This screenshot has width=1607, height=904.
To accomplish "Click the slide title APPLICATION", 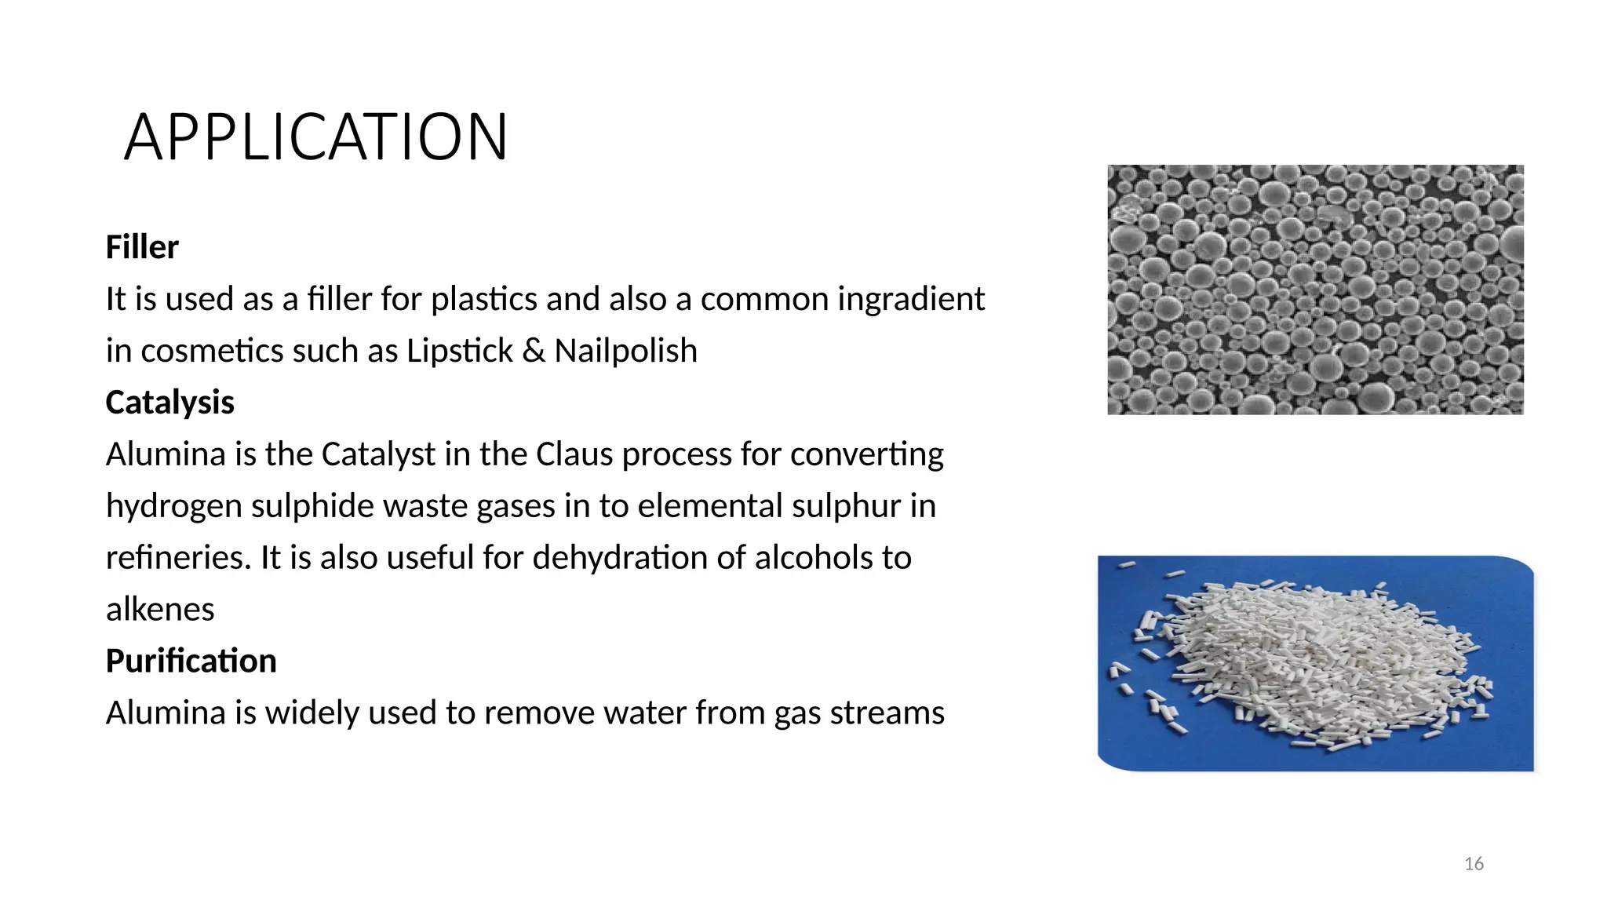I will tap(315, 137).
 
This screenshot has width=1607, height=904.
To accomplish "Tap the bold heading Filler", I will tap(142, 247).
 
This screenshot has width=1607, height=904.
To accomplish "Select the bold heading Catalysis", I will tap(169, 403).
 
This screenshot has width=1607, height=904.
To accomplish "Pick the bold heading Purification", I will tap(191, 661).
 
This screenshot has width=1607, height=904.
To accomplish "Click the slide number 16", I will tap(1474, 864).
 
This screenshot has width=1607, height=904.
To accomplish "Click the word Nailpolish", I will tap(625, 351).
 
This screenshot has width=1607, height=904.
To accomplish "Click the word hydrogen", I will tap(173, 507).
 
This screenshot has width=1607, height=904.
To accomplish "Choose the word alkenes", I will tap(160, 610).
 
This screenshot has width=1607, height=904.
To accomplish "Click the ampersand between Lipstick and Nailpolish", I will tap(533, 351).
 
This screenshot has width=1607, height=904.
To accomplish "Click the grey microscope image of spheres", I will tap(1315, 290).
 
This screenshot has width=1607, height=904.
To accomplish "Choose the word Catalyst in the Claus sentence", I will tap(378, 454).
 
